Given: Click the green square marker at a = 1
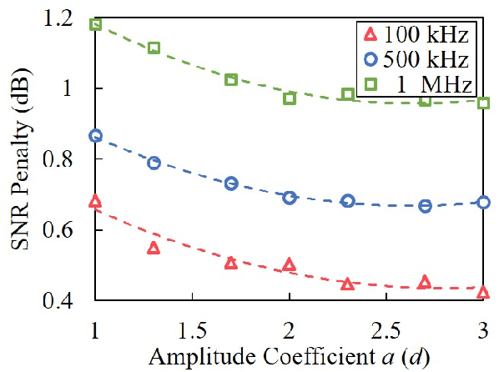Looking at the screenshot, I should pyautogui.click(x=95, y=24).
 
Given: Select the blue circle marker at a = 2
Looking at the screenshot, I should pyautogui.click(x=290, y=198).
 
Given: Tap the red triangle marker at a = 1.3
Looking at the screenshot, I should pyautogui.click(x=154, y=248).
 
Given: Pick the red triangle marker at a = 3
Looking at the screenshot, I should pyautogui.click(x=484, y=292).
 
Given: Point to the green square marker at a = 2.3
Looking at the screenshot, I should pyautogui.click(x=348, y=94).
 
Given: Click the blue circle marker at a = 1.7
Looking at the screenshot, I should pyautogui.click(x=231, y=183).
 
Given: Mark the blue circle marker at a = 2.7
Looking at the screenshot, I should pyautogui.click(x=426, y=205).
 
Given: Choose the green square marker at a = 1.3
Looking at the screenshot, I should pyautogui.click(x=154, y=48).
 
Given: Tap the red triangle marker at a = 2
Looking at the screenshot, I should pyautogui.click(x=290, y=264).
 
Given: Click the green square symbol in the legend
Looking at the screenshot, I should pyautogui.click(x=372, y=83).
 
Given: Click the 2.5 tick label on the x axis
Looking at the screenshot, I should pyautogui.click(x=386, y=321).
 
